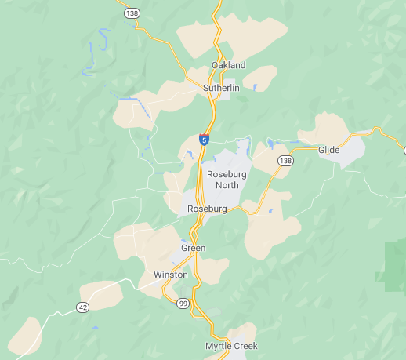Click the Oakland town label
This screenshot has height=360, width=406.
point(228,65)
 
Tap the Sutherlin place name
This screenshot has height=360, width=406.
point(220,89)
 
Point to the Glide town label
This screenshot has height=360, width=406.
point(328,150)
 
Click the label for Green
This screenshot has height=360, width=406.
point(193,249)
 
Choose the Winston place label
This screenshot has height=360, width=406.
point(171,275)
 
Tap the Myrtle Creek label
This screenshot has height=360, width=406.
point(231,346)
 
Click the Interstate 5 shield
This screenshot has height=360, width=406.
point(204,140)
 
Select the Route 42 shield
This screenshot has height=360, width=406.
point(83,307)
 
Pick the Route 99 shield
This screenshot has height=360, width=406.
point(183,304)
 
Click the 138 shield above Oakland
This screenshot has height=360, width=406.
point(132,13)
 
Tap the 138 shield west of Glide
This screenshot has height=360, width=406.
point(285,161)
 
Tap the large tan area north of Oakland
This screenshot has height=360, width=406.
point(235,35)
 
